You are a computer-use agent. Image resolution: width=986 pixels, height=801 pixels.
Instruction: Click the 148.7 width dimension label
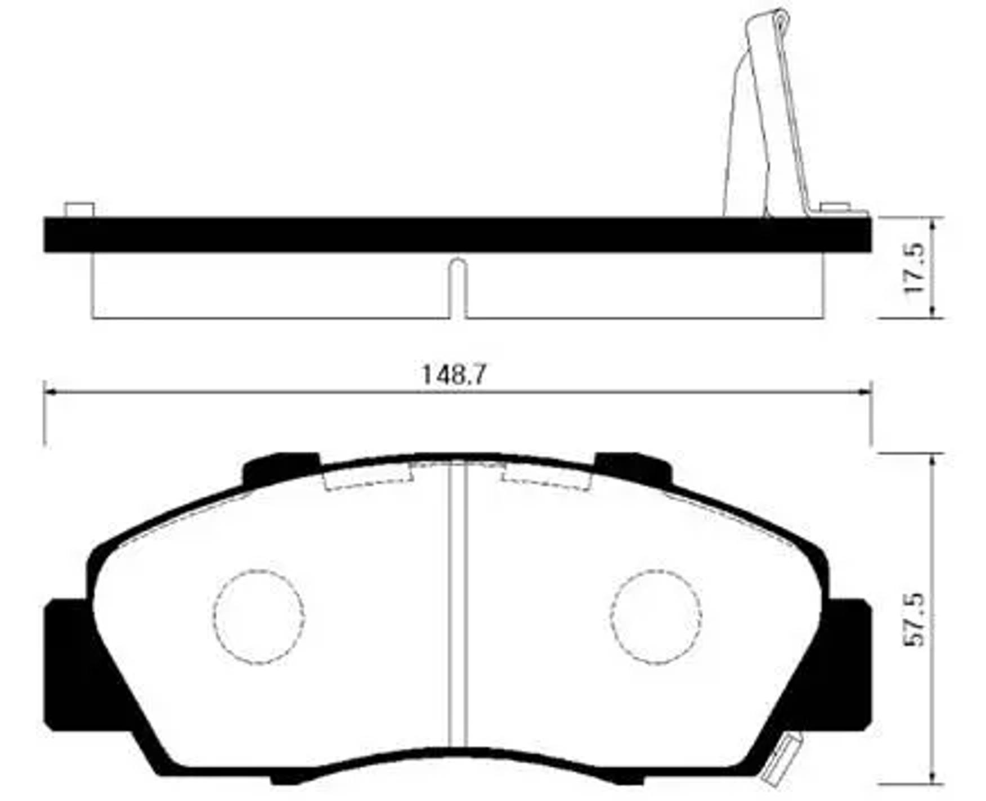tap(453, 375)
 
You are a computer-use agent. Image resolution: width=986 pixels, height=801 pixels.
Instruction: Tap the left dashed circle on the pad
tap(259, 616)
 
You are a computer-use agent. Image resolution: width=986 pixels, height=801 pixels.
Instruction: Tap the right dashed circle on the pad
tap(656, 616)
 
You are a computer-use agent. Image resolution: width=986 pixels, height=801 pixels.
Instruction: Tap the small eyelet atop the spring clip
tap(779, 21)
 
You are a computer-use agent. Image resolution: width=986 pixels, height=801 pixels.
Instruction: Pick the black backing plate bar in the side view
tap(457, 235)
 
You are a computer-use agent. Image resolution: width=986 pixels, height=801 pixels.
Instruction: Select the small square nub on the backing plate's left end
tap(79, 210)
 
